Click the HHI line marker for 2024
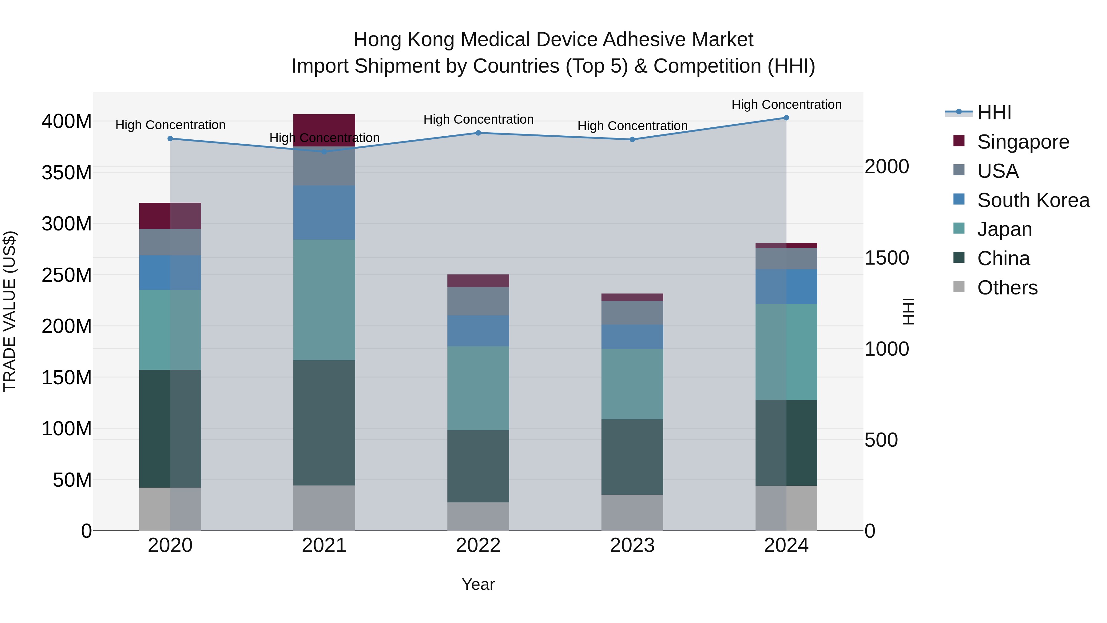pyautogui.click(x=786, y=118)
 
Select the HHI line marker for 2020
pyautogui.click(x=170, y=138)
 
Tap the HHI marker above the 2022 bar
pyautogui.click(x=478, y=133)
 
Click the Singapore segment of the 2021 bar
pyautogui.click(x=324, y=130)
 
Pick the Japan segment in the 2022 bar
pyautogui.click(x=478, y=388)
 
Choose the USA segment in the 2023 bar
pyautogui.click(x=632, y=313)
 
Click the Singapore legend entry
pyautogui.click(x=1023, y=142)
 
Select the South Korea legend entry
pyautogui.click(x=1033, y=200)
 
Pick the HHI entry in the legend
pyautogui.click(x=994, y=113)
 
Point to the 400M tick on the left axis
pyautogui.click(x=67, y=122)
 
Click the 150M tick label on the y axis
pyautogui.click(x=67, y=378)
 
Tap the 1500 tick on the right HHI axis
pyautogui.click(x=887, y=258)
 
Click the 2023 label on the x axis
pyautogui.click(x=632, y=545)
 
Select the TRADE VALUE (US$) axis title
pyautogui.click(x=10, y=311)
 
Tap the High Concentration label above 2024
pyautogui.click(x=786, y=105)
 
